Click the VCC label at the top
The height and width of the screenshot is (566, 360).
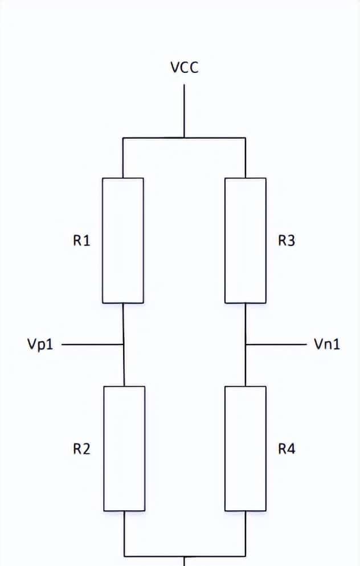coord(184,68)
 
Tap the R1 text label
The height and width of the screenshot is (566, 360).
coord(81,241)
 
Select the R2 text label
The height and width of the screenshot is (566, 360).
coord(81,449)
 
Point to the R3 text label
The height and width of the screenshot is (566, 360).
coord(287,241)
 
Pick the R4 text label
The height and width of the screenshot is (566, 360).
coord(287,449)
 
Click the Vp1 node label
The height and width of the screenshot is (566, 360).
coord(40,344)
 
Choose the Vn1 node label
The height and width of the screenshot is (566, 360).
coord(327,344)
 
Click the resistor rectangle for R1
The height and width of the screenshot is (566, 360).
coord(123,240)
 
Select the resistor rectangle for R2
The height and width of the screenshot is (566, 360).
coord(124,448)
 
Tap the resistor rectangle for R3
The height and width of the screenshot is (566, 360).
coord(246,240)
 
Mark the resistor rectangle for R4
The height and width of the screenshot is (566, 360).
coord(246,448)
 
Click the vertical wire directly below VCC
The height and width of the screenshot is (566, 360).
coord(184,111)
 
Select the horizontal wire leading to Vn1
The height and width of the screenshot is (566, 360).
coord(276,344)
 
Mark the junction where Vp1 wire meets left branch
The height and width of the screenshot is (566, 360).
coord(124,344)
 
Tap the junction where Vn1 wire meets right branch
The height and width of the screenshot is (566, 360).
coord(246,344)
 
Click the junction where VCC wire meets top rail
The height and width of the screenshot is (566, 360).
coord(184,138)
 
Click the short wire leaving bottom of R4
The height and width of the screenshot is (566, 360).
coord(246,533)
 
